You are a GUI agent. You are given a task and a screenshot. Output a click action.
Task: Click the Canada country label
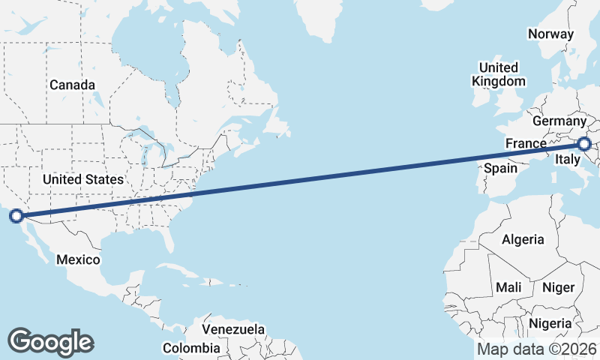(73, 85)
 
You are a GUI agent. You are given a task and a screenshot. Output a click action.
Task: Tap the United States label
(82, 179)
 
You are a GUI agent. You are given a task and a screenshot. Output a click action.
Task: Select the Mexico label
(79, 259)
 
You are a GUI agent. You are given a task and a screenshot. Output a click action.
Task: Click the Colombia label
(192, 348)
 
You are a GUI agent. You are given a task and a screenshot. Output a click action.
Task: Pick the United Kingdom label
(498, 74)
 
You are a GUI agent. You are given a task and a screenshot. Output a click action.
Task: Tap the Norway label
(550, 34)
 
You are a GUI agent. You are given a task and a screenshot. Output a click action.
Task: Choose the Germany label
(559, 121)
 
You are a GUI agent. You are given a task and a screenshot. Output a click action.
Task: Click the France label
(525, 143)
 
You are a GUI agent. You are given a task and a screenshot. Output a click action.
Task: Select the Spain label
(500, 168)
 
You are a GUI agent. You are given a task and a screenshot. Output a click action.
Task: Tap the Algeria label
(523, 239)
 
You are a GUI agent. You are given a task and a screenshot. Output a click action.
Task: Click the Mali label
(508, 287)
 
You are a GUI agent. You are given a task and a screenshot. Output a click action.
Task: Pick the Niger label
(558, 287)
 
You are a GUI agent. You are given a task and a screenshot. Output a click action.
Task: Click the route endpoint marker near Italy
(584, 144)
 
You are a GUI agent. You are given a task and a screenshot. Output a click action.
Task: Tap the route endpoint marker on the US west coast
(16, 217)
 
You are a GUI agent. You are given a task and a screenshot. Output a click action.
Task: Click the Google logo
(50, 341)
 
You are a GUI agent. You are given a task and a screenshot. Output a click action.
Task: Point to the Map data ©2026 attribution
(537, 349)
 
